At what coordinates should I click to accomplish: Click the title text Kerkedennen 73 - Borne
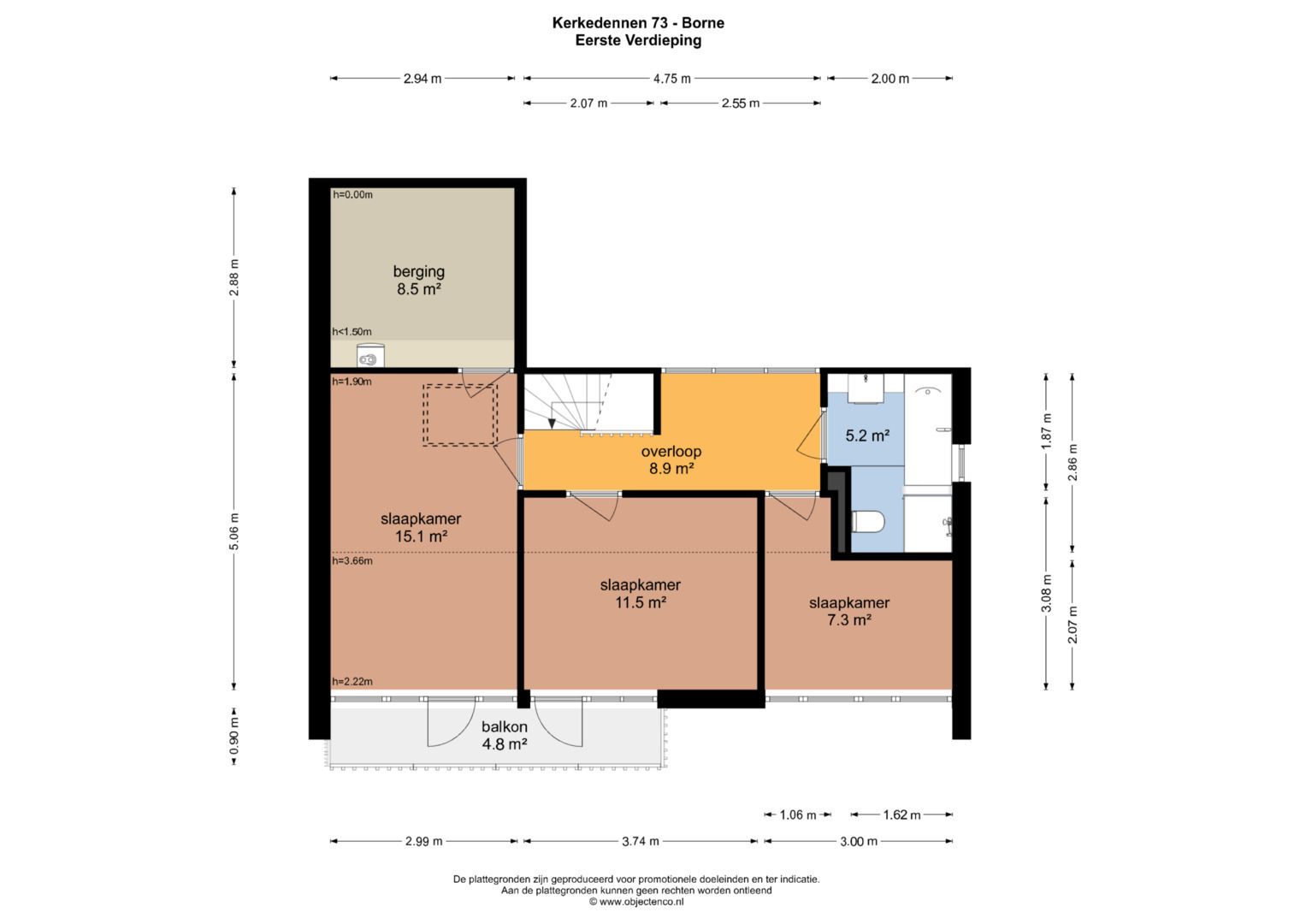pyautogui.click(x=638, y=23)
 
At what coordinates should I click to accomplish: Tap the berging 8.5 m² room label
pyautogui.click(x=418, y=280)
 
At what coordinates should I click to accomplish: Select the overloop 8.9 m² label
pyautogui.click(x=671, y=459)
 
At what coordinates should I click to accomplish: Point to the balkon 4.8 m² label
pyautogui.click(x=505, y=735)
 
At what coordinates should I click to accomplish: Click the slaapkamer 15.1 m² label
pyautogui.click(x=421, y=527)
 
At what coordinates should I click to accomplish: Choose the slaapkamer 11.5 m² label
pyautogui.click(x=641, y=593)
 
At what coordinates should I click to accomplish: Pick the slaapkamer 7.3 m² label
pyautogui.click(x=849, y=611)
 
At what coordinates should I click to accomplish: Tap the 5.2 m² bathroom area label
pyautogui.click(x=867, y=435)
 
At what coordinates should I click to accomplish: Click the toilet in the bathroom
pyautogui.click(x=868, y=522)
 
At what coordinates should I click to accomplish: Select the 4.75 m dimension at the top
pyautogui.click(x=671, y=78)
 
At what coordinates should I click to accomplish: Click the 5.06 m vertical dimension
pyautogui.click(x=233, y=530)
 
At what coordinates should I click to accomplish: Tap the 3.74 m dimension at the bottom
pyautogui.click(x=641, y=841)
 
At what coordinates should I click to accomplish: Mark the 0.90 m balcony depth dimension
pyautogui.click(x=233, y=736)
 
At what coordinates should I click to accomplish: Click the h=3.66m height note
pyautogui.click(x=352, y=561)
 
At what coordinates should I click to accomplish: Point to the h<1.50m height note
pyautogui.click(x=352, y=332)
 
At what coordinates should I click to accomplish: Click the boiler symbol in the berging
pyautogui.click(x=370, y=356)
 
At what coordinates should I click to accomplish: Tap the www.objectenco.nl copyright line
pyautogui.click(x=636, y=901)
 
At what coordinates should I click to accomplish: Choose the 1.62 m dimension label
pyautogui.click(x=901, y=814)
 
